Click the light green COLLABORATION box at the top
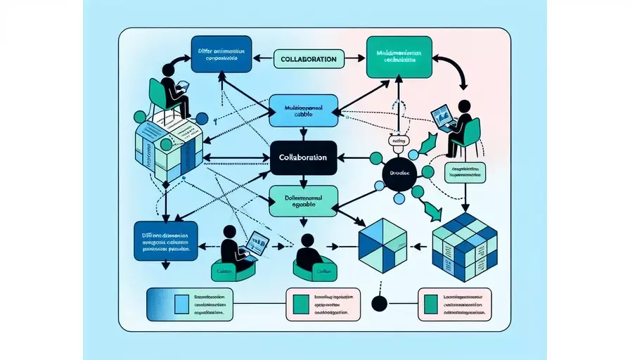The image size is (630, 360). click(x=307, y=58)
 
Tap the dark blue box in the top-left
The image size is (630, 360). click(x=221, y=54)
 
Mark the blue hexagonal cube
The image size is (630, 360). click(x=383, y=242)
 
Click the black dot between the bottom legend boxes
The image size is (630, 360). click(x=380, y=304)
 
